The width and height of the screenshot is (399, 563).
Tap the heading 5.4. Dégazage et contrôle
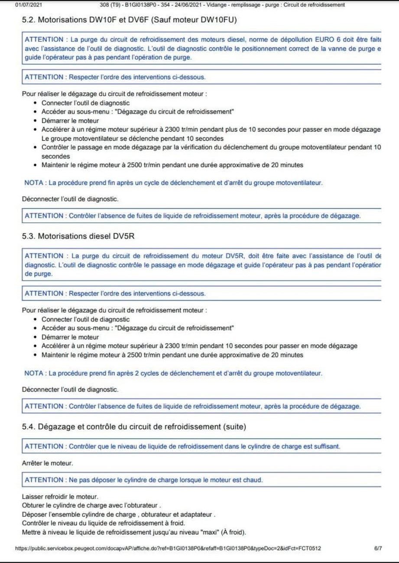pos(134,427)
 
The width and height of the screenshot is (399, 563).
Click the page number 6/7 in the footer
pos(378,548)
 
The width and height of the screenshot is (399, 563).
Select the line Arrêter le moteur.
pos(48,463)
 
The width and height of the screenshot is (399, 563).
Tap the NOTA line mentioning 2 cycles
pos(173,373)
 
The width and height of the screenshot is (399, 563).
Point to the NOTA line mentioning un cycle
pos(173,183)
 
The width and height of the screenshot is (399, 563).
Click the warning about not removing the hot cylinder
pos(144,480)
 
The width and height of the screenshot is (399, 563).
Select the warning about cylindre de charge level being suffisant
pos(182,446)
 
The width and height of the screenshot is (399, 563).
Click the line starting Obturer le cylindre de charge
pos(91,505)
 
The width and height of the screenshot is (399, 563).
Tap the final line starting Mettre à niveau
pos(134,532)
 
